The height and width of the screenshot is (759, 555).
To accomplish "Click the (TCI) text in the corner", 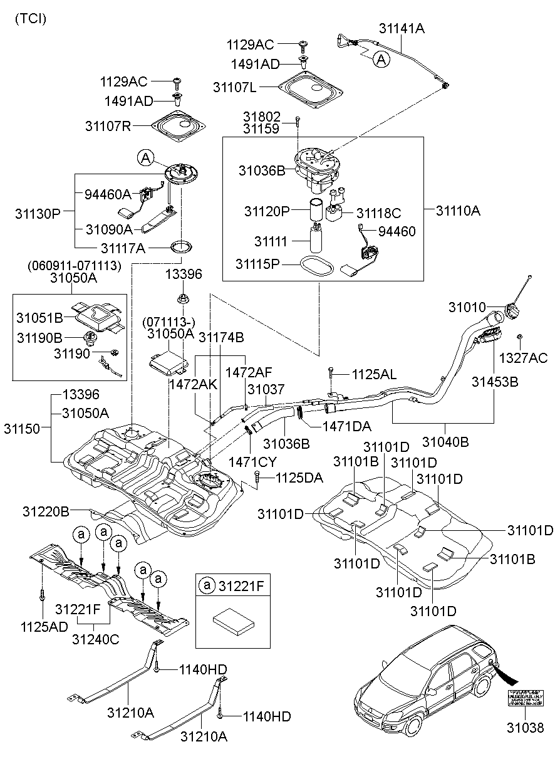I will point(29,19).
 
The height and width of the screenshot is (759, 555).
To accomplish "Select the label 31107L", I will point(234,88).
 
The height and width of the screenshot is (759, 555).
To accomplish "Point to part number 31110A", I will point(458,211).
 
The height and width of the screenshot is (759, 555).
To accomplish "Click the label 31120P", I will point(267,211).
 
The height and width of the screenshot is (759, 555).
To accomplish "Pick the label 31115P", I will point(257,264).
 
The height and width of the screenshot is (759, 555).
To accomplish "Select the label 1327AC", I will point(522,358).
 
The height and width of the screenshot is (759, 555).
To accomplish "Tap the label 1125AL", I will point(374,375).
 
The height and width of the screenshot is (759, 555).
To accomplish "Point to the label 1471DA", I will point(346,426).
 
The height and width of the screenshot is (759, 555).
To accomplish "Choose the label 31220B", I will point(46,511).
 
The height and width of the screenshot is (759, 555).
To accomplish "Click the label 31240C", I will point(95,639).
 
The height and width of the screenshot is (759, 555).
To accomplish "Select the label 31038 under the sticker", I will point(524,728).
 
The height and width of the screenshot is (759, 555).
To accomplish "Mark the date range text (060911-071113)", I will point(74,266).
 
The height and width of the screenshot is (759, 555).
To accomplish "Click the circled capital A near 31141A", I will point(380,59).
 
